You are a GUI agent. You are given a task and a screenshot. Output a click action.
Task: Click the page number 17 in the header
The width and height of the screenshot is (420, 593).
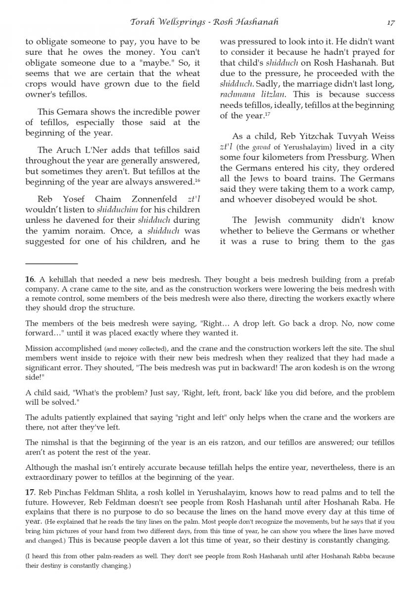click(x=390, y=22)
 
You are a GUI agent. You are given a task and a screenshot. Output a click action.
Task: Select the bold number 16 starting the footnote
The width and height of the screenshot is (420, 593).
click(x=30, y=280)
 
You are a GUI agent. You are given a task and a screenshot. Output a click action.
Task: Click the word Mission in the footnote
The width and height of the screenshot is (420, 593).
click(x=39, y=348)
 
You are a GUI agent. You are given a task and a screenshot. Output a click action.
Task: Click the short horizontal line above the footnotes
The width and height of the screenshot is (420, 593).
click(x=51, y=263)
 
